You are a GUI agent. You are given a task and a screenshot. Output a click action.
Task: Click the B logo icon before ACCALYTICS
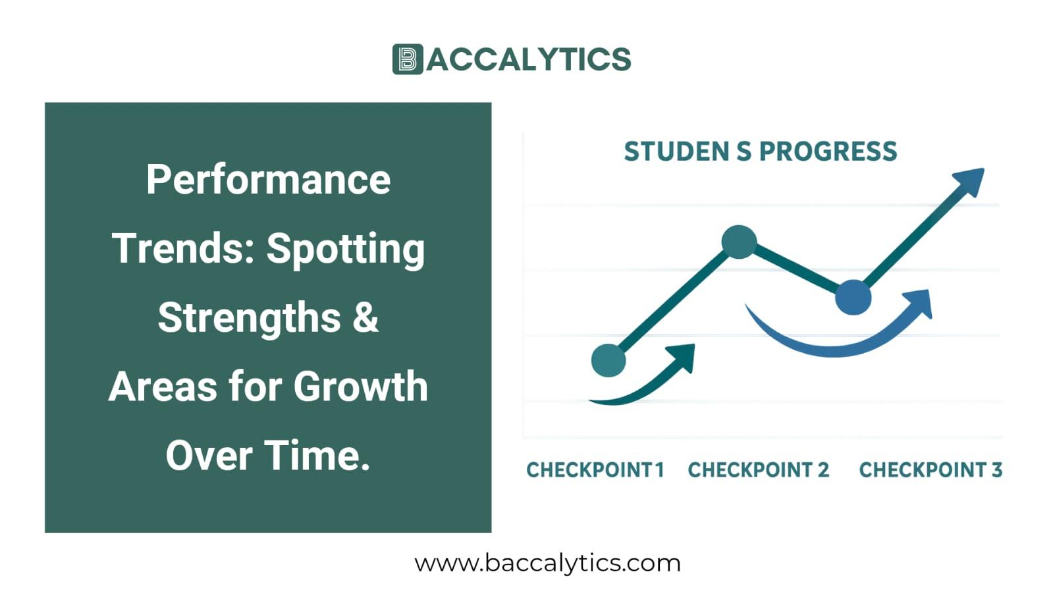tap(407, 59)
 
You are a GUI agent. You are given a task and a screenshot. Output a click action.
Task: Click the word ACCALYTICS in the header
tap(529, 59)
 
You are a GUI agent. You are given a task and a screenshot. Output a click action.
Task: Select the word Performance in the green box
tap(268, 180)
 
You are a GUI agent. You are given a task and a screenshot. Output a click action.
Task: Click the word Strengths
tap(249, 317)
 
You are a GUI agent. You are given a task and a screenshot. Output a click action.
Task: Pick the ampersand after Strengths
tap(365, 317)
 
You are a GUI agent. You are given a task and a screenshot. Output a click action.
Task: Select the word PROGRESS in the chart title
tap(828, 151)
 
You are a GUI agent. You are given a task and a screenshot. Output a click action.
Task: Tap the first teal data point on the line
tap(608, 360)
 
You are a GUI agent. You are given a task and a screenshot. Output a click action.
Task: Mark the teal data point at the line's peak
tap(739, 242)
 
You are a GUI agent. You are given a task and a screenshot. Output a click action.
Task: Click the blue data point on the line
tap(853, 297)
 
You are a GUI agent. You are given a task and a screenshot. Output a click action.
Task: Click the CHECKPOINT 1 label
tap(595, 470)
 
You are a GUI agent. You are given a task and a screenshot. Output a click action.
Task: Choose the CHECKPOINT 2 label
tap(758, 470)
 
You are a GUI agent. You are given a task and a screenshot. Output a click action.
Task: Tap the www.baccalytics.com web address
tap(547, 563)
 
